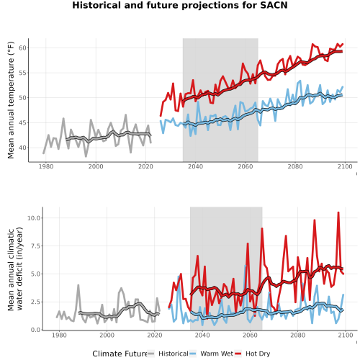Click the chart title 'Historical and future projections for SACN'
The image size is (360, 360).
pyautogui.click(x=180, y=5)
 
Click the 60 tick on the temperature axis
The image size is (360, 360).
pyautogui.click(x=22, y=48)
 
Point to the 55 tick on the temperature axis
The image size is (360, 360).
pyautogui.click(x=22, y=73)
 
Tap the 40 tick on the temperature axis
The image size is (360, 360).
pyautogui.click(x=22, y=148)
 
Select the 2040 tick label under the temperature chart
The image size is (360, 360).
pyautogui.click(x=195, y=166)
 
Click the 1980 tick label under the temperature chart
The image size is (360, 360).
pyautogui.click(x=46, y=166)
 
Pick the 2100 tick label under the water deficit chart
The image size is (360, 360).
pyautogui.click(x=346, y=335)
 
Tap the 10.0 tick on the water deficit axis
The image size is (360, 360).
pyautogui.click(x=34, y=218)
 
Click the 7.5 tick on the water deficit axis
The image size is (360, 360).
pyautogui.click(x=35, y=246)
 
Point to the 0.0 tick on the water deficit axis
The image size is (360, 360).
pyautogui.click(x=35, y=330)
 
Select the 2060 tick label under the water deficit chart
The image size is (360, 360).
pyautogui.click(x=250, y=335)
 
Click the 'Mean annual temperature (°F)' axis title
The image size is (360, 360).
pyautogui.click(x=11, y=100)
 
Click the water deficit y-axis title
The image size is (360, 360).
pyautogui.click(x=15, y=269)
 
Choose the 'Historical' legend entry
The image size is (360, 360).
pyautogui.click(x=174, y=354)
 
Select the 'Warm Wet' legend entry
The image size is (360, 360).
pyautogui.click(x=217, y=354)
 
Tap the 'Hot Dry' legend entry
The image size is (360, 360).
pyautogui.click(x=258, y=354)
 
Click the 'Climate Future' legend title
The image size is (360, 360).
pyautogui.click(x=120, y=354)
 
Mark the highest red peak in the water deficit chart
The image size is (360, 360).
pyautogui.click(x=338, y=212)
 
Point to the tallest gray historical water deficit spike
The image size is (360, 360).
pyautogui.click(x=78, y=285)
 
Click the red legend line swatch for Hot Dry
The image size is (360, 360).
pyautogui.click(x=238, y=354)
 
